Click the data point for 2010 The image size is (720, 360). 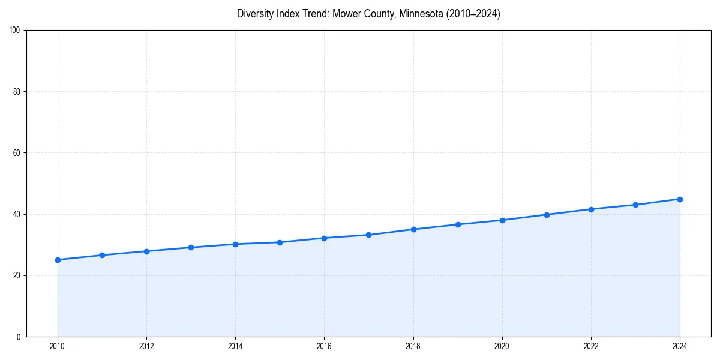pyautogui.click(x=58, y=260)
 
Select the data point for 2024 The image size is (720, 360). pyautogui.click(x=680, y=199)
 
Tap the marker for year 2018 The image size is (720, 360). pyautogui.click(x=413, y=229)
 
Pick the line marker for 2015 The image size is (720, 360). pyautogui.click(x=280, y=242)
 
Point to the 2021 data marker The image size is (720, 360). pyautogui.click(x=547, y=215)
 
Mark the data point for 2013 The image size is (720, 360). pyautogui.click(x=191, y=247)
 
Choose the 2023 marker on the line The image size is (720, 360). pyautogui.click(x=635, y=205)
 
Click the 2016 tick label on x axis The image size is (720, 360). pyautogui.click(x=324, y=346)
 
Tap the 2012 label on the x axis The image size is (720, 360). pyautogui.click(x=146, y=346)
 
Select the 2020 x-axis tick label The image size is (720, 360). pyautogui.click(x=502, y=346)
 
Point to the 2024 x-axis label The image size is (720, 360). pyautogui.click(x=680, y=346)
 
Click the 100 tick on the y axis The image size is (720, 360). pyautogui.click(x=15, y=31)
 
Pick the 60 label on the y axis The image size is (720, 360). pyautogui.click(x=17, y=153)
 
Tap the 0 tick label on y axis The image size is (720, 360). pyautogui.click(x=19, y=337)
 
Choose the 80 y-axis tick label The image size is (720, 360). pyautogui.click(x=17, y=92)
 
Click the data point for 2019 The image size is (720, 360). pyautogui.click(x=458, y=224)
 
